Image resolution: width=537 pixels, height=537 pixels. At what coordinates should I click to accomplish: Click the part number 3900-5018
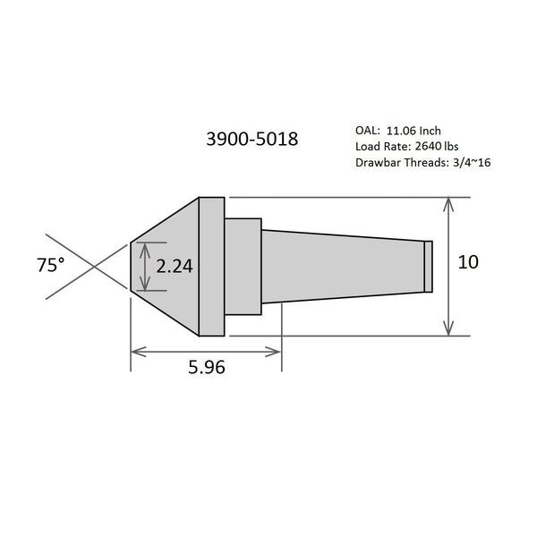(x=252, y=139)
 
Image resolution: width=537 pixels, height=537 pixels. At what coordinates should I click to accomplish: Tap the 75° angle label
(x=51, y=265)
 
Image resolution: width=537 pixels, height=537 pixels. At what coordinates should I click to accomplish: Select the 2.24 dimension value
(x=175, y=266)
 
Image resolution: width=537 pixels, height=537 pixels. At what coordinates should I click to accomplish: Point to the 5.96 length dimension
(x=207, y=367)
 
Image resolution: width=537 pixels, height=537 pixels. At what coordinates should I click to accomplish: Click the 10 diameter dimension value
(x=468, y=262)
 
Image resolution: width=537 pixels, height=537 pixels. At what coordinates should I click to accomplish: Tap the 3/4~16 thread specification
(x=472, y=162)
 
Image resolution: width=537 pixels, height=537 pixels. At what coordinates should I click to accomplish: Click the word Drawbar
(x=378, y=162)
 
